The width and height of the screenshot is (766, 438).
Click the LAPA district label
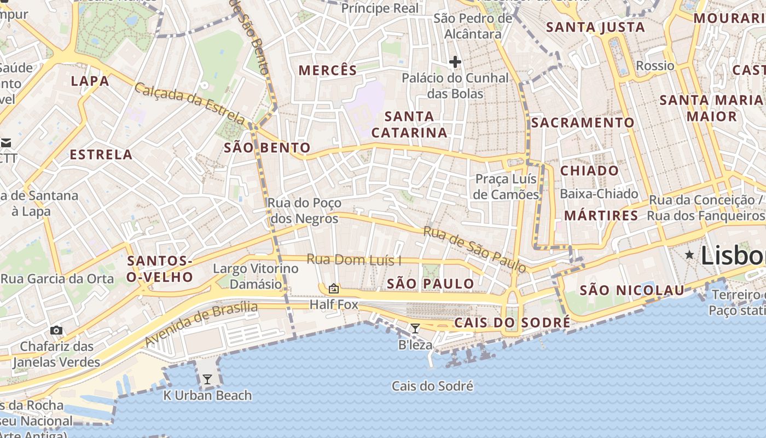coord(90,81)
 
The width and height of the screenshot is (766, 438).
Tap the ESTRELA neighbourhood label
coord(101,154)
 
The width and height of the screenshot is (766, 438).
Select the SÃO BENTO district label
coord(268,147)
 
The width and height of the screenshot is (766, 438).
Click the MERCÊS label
coord(328,70)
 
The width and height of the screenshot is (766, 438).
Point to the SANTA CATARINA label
coord(409,124)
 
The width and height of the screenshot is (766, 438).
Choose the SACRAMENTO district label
coord(583,123)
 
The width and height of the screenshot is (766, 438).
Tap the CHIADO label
coord(589,170)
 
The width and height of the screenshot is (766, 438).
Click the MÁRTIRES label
coord(601,216)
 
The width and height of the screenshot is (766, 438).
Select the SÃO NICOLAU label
coord(632,290)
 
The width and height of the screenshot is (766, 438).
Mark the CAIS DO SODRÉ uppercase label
coord(512,322)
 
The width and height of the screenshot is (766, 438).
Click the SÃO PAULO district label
coord(430,284)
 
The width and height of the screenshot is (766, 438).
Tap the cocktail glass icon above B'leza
coord(415,328)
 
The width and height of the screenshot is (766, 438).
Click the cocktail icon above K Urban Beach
coord(207,379)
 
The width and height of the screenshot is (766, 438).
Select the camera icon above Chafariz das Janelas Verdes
coord(56,330)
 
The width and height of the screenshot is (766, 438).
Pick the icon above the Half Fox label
coord(333,289)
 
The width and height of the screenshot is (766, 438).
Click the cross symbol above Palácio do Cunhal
coord(455,62)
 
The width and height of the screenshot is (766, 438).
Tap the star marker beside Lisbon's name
coord(689,254)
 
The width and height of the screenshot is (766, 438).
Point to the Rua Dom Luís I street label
coord(353,260)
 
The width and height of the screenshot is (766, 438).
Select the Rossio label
coord(655,66)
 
